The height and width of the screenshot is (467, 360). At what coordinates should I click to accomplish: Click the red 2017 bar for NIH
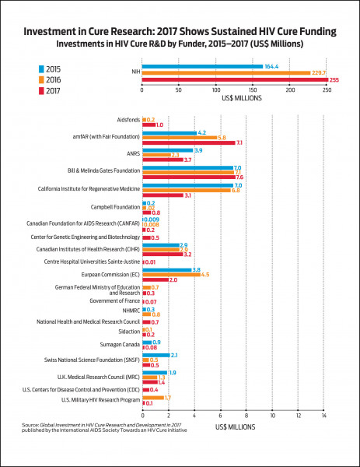pos(233,80)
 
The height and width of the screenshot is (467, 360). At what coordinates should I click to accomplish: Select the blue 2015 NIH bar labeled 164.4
pos(202,66)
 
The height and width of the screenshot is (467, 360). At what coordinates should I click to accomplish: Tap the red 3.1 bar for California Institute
pos(163,195)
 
